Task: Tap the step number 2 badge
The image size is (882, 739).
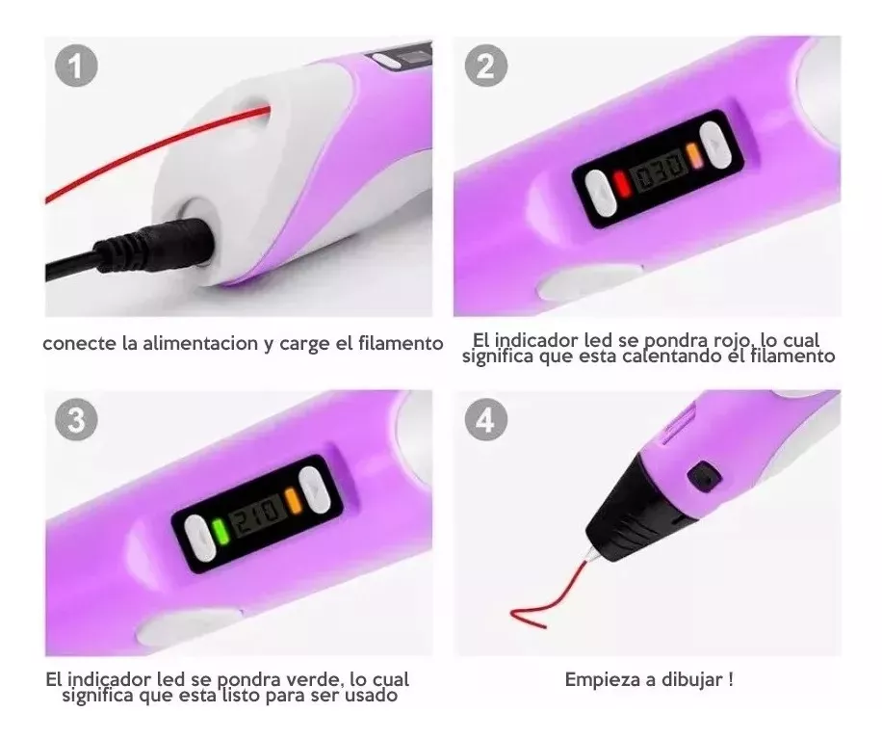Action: click(x=486, y=68)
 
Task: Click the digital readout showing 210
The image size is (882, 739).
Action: click(x=257, y=515)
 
